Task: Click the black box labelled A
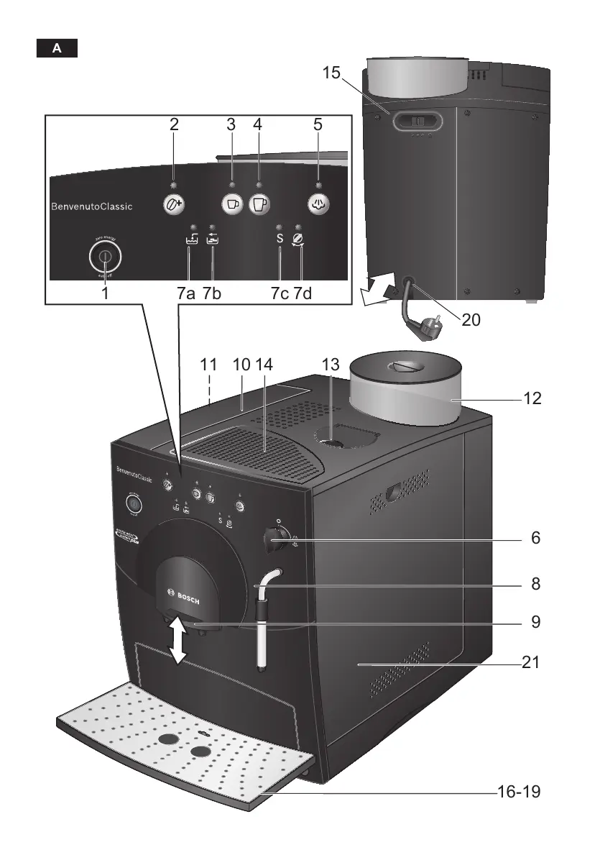[x=57, y=49]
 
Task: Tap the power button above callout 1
[x=105, y=256]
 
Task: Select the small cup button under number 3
[x=231, y=204]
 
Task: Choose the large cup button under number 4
[x=259, y=204]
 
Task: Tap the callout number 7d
[x=303, y=293]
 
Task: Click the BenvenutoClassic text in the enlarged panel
[x=91, y=207]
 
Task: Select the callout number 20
[x=471, y=319]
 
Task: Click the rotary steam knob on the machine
[x=273, y=537]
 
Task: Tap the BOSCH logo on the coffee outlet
[x=183, y=596]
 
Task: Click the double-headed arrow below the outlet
[x=177, y=641]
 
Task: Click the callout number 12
[x=532, y=398]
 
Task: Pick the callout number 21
[x=530, y=662]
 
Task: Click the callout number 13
[x=330, y=365]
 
